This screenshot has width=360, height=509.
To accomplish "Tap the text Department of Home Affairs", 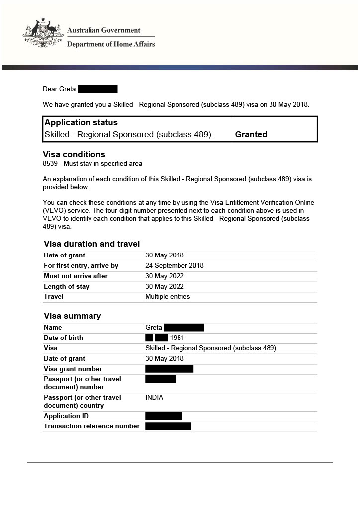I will tap(110, 44).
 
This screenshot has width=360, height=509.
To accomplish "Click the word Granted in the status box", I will tap(251, 134).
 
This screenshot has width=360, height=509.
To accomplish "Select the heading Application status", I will tap(81, 122).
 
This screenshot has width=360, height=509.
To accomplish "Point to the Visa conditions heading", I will tap(74, 154).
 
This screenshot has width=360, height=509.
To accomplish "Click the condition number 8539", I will tap(51, 163).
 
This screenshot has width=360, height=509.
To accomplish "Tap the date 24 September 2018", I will tap(174, 265).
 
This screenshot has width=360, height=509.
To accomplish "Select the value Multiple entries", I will tap(168, 296).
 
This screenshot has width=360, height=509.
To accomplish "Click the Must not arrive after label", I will tap(76, 276).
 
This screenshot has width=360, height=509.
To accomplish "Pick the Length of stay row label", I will tap(67, 286).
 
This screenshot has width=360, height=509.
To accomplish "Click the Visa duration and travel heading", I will tap(91, 244).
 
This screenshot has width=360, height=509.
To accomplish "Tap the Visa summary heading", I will tap(72, 316).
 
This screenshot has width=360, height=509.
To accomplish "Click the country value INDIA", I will tap(154, 397).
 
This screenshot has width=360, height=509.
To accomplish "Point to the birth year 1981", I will tap(178, 338).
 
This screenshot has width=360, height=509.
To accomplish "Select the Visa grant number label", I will tap(73, 369).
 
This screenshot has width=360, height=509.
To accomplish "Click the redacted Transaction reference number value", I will tap(168, 426).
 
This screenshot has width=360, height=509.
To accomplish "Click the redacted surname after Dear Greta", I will tap(97, 89).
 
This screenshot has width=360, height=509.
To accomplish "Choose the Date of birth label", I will tap(63, 338).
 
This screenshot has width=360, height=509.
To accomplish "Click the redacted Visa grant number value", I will tap(169, 369).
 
